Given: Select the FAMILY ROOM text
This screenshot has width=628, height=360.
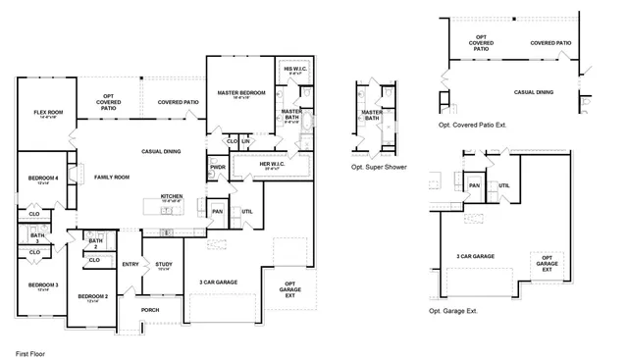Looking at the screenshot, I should click(x=112, y=177).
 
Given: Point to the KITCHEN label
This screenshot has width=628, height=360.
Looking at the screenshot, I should click(x=172, y=197).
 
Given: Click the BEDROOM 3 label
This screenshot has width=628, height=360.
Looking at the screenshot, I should click(x=43, y=286).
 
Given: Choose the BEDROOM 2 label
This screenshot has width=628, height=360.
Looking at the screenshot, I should click(x=92, y=297).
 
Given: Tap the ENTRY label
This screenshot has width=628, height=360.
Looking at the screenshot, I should click(x=130, y=264).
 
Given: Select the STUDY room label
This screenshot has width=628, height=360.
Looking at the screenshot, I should click(x=164, y=264).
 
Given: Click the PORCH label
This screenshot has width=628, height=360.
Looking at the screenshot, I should click(x=150, y=310).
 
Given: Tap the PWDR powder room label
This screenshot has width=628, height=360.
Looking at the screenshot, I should click(x=218, y=167).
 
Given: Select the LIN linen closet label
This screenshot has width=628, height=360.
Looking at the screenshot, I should click(x=246, y=141).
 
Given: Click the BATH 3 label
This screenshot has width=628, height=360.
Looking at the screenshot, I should click(x=36, y=236).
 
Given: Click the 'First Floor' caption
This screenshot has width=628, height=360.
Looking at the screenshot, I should click(x=31, y=351).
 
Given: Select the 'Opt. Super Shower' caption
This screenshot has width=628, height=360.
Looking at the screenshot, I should click(x=379, y=167).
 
